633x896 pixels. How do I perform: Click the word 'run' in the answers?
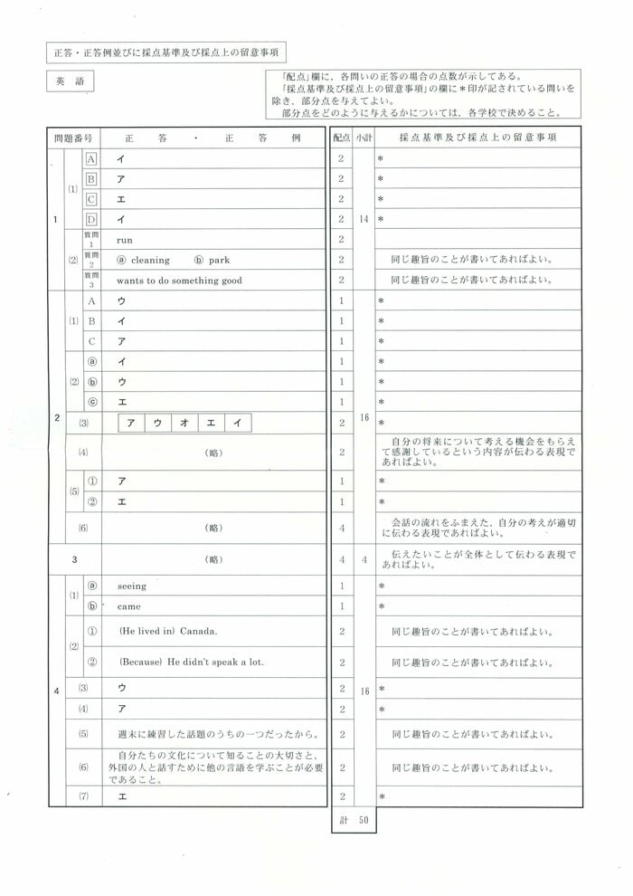[125, 240]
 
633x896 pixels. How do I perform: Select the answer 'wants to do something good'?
[179, 281]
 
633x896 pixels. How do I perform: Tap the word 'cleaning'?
[150, 261]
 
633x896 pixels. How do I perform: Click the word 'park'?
[219, 261]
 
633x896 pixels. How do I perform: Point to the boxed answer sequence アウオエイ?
[184, 423]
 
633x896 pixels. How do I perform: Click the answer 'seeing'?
[132, 586]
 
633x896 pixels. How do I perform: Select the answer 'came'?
[129, 606]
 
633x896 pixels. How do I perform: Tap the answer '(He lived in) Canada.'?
[168, 631]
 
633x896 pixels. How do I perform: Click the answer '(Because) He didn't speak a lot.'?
[192, 662]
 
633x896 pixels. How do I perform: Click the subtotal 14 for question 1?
[364, 219]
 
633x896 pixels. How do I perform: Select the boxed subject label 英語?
[68, 81]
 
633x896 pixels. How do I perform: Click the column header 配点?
[341, 138]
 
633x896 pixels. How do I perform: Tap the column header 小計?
[364, 138]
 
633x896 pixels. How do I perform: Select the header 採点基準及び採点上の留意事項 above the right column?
[477, 138]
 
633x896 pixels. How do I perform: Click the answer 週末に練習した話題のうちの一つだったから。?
[202, 734]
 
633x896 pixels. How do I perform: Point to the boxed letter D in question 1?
[91, 219]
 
